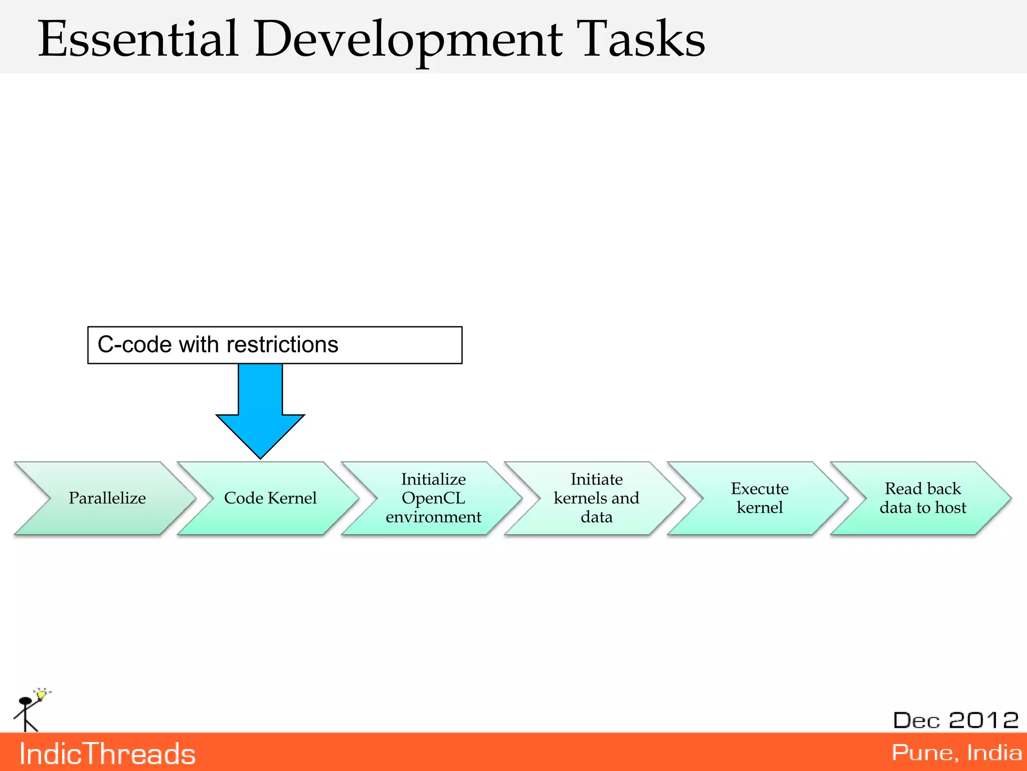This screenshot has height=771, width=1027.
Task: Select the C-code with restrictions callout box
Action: pos(274,345)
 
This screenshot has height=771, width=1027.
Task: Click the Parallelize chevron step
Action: pos(107,498)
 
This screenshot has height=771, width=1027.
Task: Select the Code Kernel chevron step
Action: pos(270,498)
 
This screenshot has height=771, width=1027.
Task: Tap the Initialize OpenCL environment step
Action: pos(433,498)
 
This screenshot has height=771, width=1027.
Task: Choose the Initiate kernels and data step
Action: pos(596,498)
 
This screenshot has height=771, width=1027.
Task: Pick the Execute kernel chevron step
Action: pos(759,498)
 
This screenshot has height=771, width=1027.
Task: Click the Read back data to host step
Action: pos(922,498)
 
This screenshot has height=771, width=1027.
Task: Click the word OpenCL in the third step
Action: pos(433,498)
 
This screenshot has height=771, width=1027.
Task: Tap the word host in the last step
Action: pos(949,507)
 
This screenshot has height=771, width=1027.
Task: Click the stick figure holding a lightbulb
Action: pos(26,713)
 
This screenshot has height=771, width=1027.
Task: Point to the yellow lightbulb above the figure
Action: pos(42,694)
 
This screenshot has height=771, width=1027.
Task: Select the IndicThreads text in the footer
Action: pos(107,754)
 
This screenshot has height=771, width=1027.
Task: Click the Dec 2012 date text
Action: pos(955,720)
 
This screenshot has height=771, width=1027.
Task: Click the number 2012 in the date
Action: pos(983,720)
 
